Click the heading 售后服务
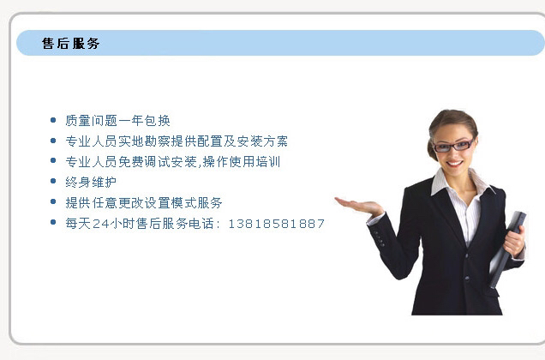tap(70, 43)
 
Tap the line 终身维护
tap(90, 182)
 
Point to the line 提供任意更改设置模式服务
tap(143, 203)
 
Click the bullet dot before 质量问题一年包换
tap(54, 121)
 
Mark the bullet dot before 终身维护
tap(54, 182)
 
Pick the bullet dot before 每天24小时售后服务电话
tap(54, 224)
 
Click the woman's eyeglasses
tap(454, 145)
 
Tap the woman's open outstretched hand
tap(358, 205)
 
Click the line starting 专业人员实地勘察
tap(176, 141)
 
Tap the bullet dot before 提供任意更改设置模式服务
tap(54, 203)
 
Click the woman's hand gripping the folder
tap(513, 241)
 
